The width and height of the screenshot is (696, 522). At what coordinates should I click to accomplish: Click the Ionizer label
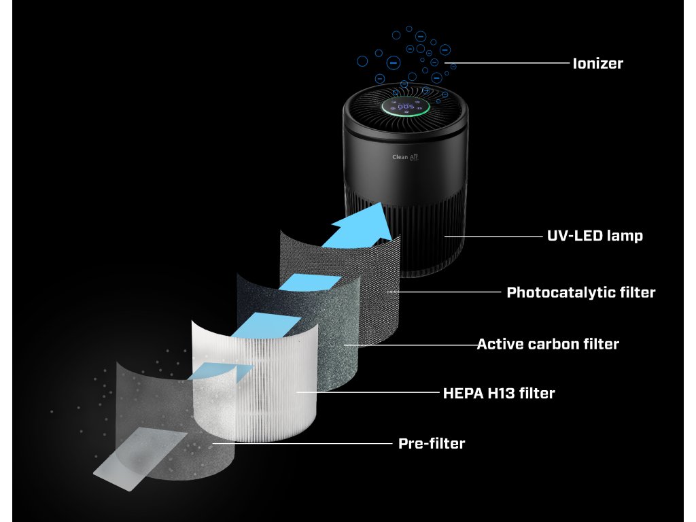[597, 64]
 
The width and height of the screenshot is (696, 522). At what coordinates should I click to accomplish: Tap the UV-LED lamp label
[595, 237]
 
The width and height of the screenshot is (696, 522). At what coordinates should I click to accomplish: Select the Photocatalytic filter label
[580, 293]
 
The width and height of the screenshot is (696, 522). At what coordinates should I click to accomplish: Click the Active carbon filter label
[548, 344]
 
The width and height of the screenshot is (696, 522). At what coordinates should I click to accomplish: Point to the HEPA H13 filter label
[498, 393]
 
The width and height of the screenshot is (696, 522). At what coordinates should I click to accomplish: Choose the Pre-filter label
[432, 444]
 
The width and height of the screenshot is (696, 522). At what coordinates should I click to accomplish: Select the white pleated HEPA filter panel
[258, 381]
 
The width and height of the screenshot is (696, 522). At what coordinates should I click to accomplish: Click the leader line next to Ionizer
[510, 64]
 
